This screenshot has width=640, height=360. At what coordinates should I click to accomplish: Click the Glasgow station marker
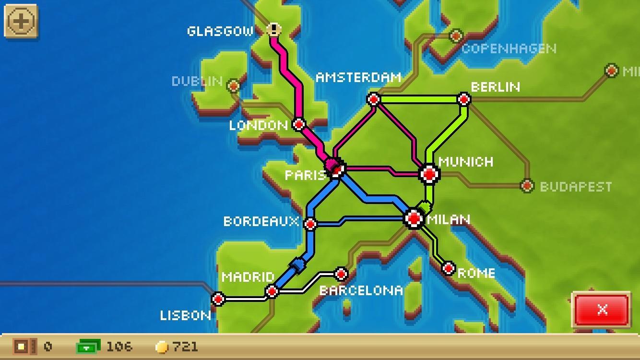[x=274, y=30]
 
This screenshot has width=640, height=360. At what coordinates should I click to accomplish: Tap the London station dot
[x=299, y=125]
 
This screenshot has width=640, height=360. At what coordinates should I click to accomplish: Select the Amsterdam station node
[x=374, y=99]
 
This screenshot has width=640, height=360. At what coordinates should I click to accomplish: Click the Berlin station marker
[x=464, y=99]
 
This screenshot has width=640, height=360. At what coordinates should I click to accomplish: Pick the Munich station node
[x=429, y=174]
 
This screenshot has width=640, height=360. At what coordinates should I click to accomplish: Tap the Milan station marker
[x=414, y=219]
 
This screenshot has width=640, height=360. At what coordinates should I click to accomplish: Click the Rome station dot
[x=448, y=268]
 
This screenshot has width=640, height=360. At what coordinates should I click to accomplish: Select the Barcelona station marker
[x=341, y=275]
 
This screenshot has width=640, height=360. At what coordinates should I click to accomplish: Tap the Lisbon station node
[x=218, y=299]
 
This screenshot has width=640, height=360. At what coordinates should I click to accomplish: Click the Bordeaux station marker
[x=310, y=224]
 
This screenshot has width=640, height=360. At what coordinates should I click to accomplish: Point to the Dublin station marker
[x=234, y=86]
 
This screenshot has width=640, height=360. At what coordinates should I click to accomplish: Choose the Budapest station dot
[x=527, y=185]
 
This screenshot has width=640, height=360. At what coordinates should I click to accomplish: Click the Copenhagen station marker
[x=456, y=35]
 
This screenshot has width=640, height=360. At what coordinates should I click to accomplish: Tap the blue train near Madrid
[x=297, y=264]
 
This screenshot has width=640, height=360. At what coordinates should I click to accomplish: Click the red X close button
[x=602, y=310]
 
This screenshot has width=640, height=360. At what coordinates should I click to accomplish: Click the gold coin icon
[x=163, y=347]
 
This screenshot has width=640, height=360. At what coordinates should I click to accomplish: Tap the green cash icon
[x=88, y=347]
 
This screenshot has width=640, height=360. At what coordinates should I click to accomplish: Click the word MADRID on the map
[x=248, y=277]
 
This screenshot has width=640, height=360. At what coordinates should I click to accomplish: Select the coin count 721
[x=185, y=347]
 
